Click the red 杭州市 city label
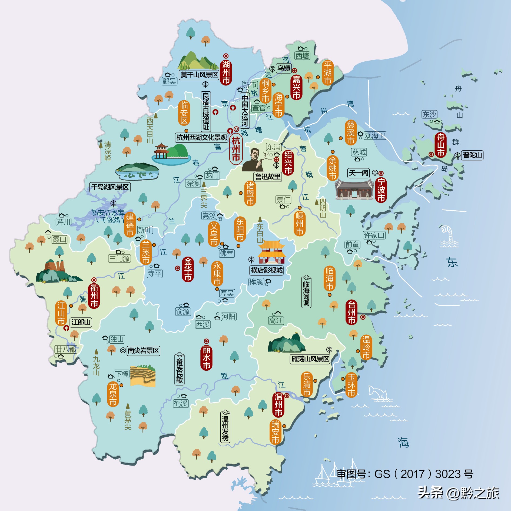point(236,149)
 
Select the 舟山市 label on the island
point(441,145)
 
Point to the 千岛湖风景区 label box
point(110,187)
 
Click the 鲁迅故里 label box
point(268,177)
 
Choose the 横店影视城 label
point(267,270)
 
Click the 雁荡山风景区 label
point(310,359)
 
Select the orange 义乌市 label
point(214,234)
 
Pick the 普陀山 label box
point(472,155)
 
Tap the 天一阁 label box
point(359,173)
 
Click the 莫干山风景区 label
point(199,75)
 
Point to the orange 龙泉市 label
point(113,394)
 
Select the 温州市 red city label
point(278,404)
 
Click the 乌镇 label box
point(284,68)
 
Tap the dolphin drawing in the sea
point(379,393)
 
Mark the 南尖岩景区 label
point(143,351)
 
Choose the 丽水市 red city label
point(206,358)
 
